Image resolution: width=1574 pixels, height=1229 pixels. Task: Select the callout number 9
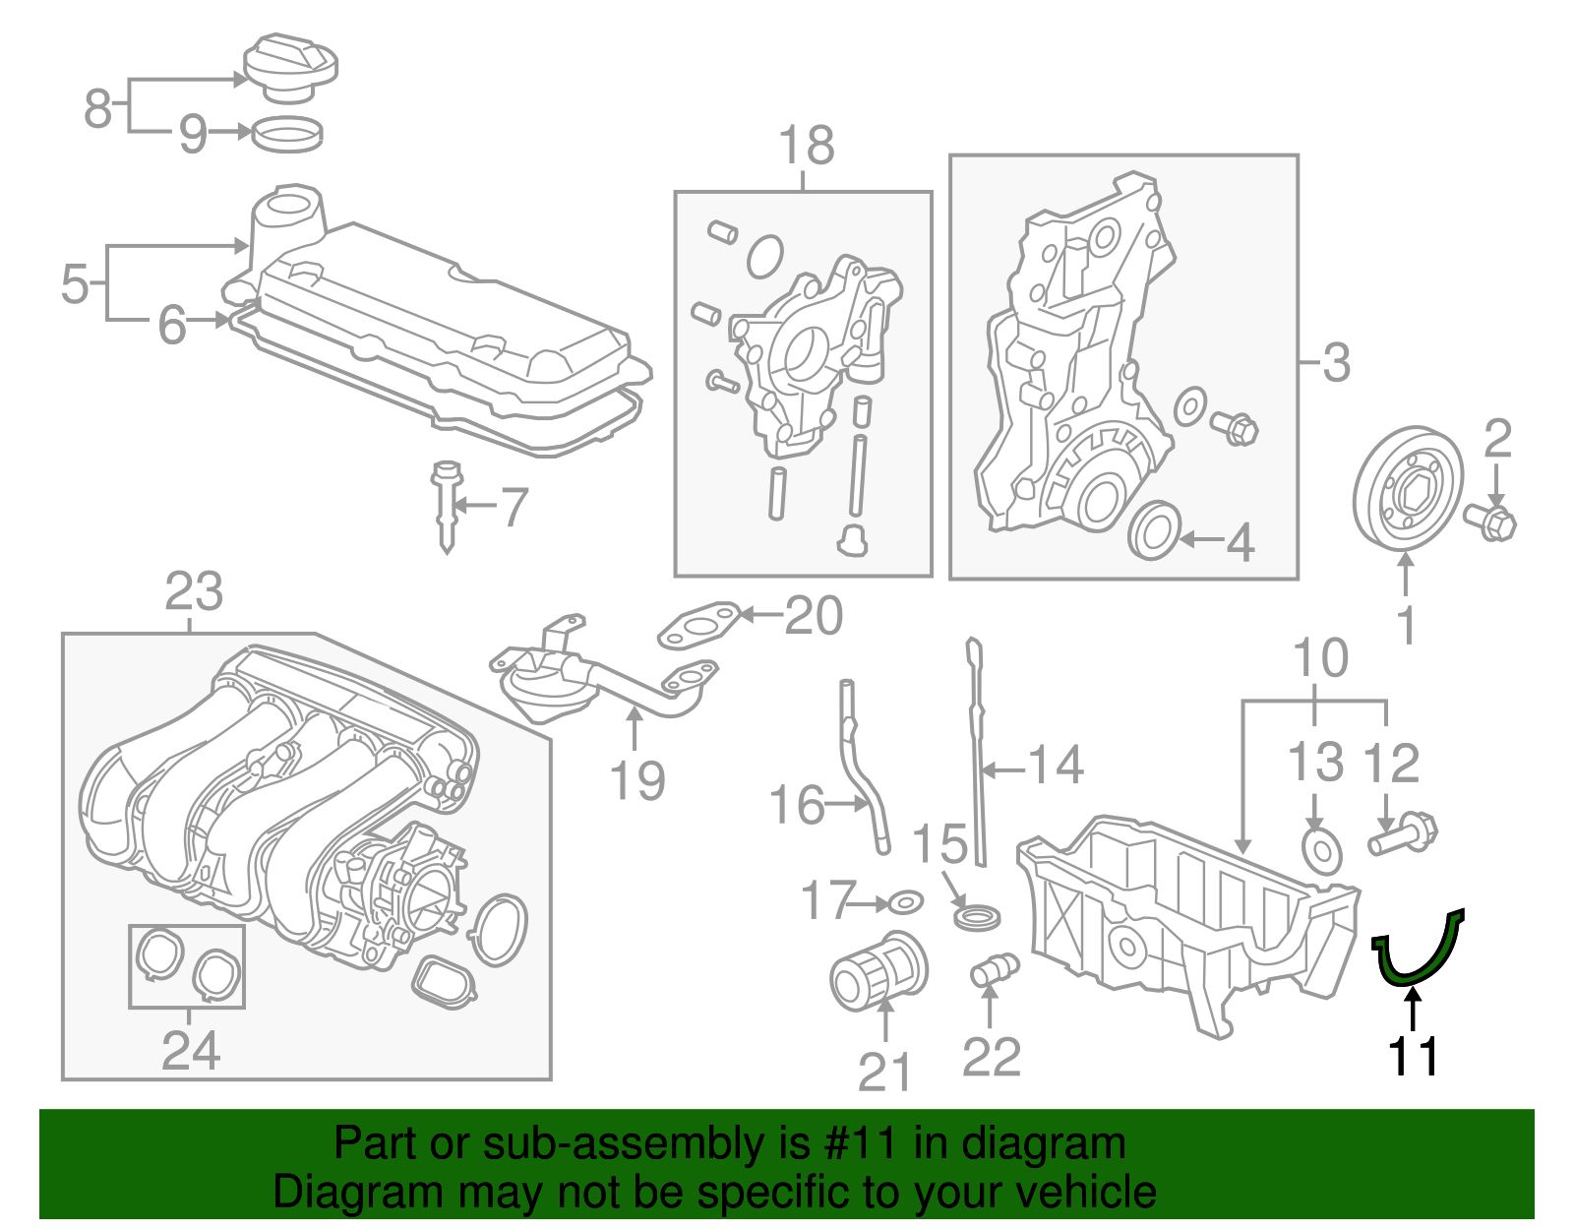coord(193,133)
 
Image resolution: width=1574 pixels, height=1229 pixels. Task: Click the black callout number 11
coord(1413,1057)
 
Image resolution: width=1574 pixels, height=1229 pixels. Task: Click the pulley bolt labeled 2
coord(1491,521)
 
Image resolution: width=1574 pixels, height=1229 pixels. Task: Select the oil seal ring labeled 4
coord(1154,530)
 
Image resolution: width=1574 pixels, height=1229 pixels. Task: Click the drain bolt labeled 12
coord(1402,834)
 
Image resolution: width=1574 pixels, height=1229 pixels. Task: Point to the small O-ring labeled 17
coord(905,901)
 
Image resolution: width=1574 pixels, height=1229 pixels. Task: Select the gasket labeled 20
coord(699,627)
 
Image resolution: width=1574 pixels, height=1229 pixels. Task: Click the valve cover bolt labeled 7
coord(447,505)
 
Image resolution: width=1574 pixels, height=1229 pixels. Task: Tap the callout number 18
coord(806,146)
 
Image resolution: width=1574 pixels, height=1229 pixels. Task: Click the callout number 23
coord(194,592)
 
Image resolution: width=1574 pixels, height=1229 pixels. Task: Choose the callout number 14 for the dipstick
coord(1056,766)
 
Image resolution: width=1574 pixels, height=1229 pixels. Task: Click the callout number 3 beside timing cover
coord(1335,363)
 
